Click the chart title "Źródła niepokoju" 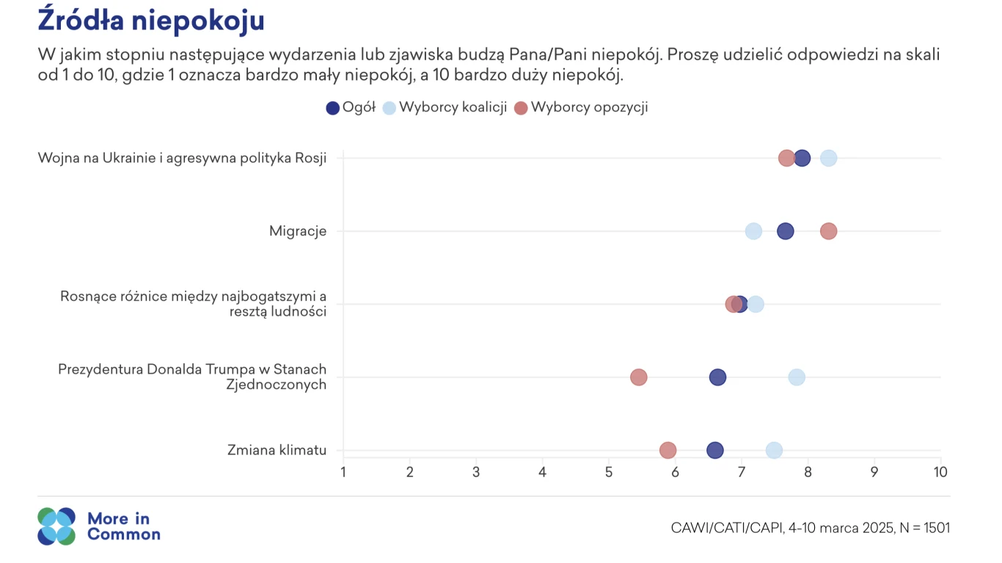[x=150, y=21]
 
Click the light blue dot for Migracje [x=753, y=231]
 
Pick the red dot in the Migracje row [x=828, y=231]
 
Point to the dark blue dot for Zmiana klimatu [x=714, y=450]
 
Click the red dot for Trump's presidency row [x=639, y=377]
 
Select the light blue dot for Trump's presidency [x=797, y=377]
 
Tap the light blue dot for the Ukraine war [x=828, y=158]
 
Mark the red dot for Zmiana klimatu [x=668, y=450]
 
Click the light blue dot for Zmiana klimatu [x=774, y=450]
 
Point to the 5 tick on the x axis [x=609, y=472]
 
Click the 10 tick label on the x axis [x=940, y=472]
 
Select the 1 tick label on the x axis [x=343, y=472]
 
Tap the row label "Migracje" [x=298, y=231]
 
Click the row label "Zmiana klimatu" [x=277, y=450]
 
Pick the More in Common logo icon [x=56, y=526]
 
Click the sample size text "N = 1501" [x=924, y=528]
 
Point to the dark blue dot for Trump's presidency [x=717, y=377]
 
